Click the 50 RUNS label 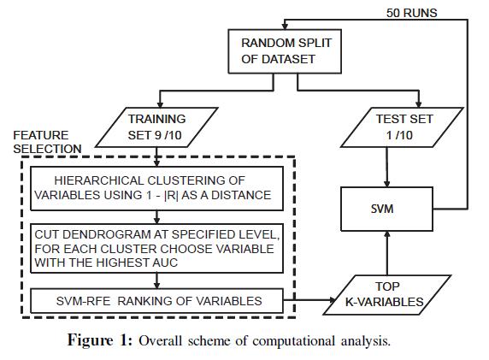pos(412,13)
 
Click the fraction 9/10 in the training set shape pos(168,135)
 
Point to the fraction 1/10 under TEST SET pos(399,135)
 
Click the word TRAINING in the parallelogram pos(156,119)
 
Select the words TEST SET pos(404,119)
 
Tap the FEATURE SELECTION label pos(47,142)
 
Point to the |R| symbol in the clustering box pos(171,195)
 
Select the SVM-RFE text pos(83,301)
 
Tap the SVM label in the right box pos(382,209)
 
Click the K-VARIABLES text pos(384,302)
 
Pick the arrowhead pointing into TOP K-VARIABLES pos(333,300)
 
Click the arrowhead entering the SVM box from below pos(387,234)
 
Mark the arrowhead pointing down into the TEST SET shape pos(419,104)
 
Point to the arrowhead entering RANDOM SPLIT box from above pos(285,27)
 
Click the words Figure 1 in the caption pos(100,340)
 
